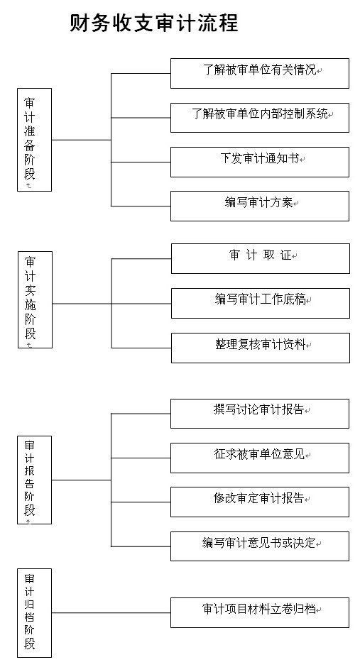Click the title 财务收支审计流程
pos(153,23)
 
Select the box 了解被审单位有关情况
pos(260,73)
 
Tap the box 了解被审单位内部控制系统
pos(260,117)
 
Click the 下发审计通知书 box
pos(260,162)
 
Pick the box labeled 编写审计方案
pos(260,206)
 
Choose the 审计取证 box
pos(261,258)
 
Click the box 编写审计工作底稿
pos(261,303)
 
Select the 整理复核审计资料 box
pos(261,348)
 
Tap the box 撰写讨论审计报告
pos(260,414)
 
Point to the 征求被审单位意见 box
pos(260,458)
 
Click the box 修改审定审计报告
pos(260,502)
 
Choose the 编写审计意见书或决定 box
pos(260,546)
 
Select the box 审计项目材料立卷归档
pos(260,612)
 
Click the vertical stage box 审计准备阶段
pos(35,140)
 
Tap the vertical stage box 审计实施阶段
pos(35,299)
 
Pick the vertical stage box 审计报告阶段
pos(35,480)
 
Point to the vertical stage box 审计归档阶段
pos(35,613)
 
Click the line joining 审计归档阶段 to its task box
pos(111,613)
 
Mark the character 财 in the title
pos(80,23)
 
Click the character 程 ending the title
pos(228,23)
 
